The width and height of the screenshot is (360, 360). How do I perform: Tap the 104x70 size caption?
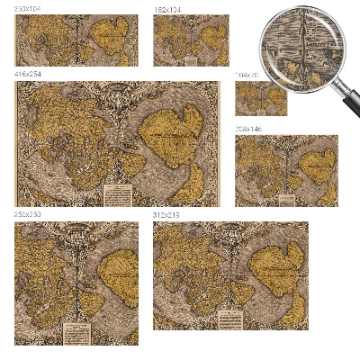[247, 76]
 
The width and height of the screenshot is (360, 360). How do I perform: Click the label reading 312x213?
[166, 216]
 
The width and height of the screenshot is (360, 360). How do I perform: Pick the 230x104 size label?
[28, 9]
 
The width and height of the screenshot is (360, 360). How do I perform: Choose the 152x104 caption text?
[166, 9]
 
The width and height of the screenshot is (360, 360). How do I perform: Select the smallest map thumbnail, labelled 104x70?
[261, 97]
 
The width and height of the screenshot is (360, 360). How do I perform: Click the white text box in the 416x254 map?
[118, 194]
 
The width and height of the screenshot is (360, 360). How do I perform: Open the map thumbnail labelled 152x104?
[191, 40]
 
